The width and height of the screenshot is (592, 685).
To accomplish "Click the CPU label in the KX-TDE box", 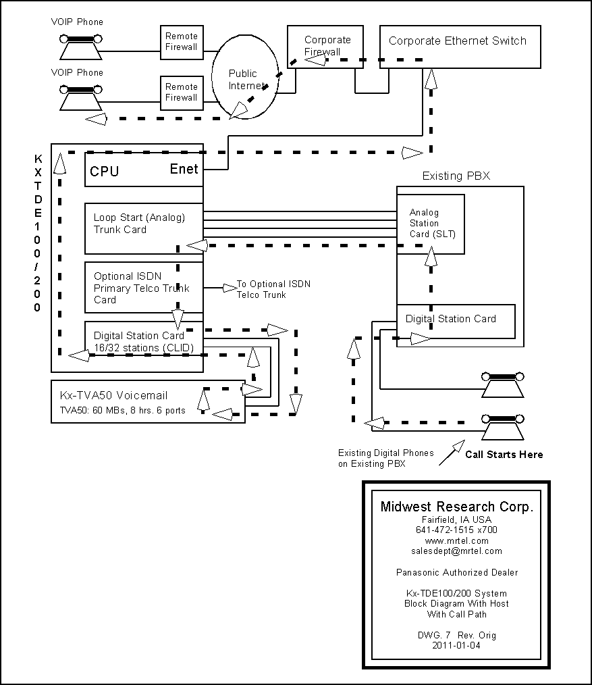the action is click(105, 172).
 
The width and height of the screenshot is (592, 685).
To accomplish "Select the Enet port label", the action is click(184, 169).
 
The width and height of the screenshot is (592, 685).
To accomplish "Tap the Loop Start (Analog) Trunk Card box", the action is click(144, 228).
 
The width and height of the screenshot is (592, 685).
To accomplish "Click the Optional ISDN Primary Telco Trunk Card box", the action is click(144, 288).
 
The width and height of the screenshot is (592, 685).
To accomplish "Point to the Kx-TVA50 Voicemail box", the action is click(148, 401).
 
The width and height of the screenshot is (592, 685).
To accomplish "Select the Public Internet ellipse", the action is click(245, 77).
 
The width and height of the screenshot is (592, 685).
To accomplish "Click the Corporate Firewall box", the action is click(325, 47).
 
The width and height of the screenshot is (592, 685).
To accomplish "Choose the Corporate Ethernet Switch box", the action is click(460, 47).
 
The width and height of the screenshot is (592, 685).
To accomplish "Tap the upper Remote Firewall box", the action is click(182, 43).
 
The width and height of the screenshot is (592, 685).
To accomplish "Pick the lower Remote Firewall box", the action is click(182, 93).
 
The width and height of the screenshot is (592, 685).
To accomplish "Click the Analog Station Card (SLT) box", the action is click(431, 224).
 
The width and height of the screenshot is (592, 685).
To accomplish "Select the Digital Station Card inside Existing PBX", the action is click(456, 321).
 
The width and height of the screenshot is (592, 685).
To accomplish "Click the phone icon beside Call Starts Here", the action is click(502, 428).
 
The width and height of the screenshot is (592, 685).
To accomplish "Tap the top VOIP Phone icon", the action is click(81, 47).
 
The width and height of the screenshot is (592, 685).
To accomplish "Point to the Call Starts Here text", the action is click(504, 455).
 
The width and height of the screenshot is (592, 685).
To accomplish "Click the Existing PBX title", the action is click(456, 176).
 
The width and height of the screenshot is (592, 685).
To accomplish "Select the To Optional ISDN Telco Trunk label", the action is click(274, 289).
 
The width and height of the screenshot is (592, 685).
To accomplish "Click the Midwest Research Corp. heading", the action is click(457, 507).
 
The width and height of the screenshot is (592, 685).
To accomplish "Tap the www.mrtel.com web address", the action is click(457, 540).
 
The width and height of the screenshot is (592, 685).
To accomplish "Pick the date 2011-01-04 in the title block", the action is click(457, 645).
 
